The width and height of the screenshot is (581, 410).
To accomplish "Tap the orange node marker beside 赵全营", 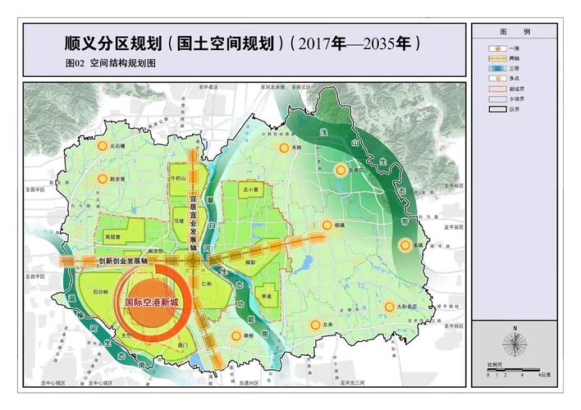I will click(103, 179).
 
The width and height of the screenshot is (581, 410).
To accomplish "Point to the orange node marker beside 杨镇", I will click(327, 224).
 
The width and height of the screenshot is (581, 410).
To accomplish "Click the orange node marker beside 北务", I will click(315, 326).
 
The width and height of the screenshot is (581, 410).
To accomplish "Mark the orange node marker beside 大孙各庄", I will click(389, 307).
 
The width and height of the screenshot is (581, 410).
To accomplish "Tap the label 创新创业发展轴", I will click(123, 260).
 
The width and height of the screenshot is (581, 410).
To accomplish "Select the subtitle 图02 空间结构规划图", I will click(110, 62).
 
